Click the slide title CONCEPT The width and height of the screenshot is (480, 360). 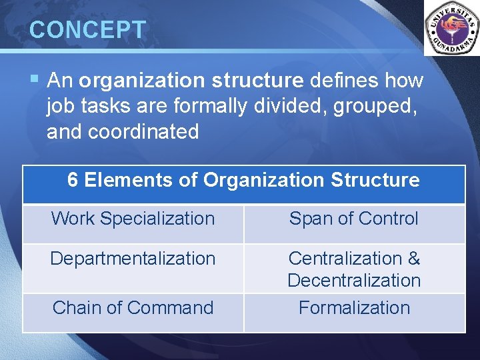87,30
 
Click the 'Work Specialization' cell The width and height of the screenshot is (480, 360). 133,219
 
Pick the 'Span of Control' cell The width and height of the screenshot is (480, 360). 354,219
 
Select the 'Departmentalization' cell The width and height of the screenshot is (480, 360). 133,259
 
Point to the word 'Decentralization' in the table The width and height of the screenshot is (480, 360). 354,281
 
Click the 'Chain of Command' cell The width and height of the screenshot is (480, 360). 133,308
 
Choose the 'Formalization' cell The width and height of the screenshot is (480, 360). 354,308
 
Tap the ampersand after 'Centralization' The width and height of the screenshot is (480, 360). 413,259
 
